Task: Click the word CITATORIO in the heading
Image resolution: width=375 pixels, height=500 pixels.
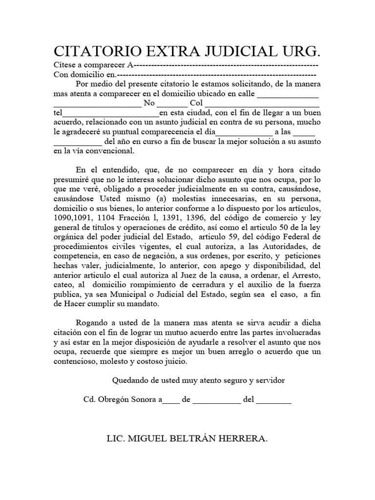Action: (92, 52)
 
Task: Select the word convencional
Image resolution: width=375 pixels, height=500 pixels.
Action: (108, 151)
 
